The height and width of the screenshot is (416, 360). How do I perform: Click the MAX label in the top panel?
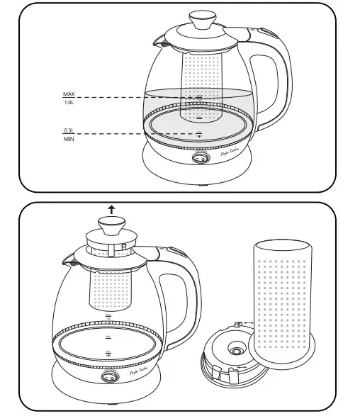point(69,94)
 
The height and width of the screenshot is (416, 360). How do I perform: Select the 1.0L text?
point(69,103)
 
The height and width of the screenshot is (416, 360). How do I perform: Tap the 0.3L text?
point(69,130)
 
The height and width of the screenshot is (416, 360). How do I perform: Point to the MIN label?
point(69,140)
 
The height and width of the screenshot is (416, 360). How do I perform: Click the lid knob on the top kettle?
point(203,17)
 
